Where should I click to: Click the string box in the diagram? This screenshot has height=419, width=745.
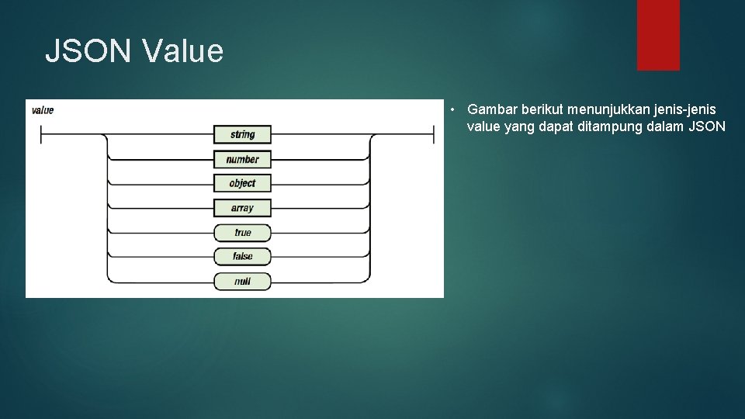(x=242, y=134)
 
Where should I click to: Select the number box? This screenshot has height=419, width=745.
(x=242, y=159)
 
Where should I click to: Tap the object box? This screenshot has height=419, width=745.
(x=242, y=183)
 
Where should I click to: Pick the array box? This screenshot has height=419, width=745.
(x=242, y=208)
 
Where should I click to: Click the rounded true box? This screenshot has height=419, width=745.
(x=242, y=233)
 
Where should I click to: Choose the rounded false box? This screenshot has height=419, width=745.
(x=242, y=257)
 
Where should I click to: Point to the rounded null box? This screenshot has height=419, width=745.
(x=242, y=281)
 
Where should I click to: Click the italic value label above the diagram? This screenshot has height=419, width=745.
(x=42, y=110)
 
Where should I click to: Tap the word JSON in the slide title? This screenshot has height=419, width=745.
(x=88, y=51)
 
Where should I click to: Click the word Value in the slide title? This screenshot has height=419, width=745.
(x=183, y=51)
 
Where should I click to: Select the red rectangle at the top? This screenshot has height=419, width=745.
(x=658, y=35)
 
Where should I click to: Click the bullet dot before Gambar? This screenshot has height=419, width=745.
(x=452, y=110)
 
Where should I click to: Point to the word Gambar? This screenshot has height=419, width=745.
(x=492, y=109)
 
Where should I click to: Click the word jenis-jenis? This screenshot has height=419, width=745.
(x=684, y=109)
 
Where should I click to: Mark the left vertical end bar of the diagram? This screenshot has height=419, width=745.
(x=41, y=134)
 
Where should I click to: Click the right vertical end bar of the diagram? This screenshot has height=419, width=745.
(x=433, y=134)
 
